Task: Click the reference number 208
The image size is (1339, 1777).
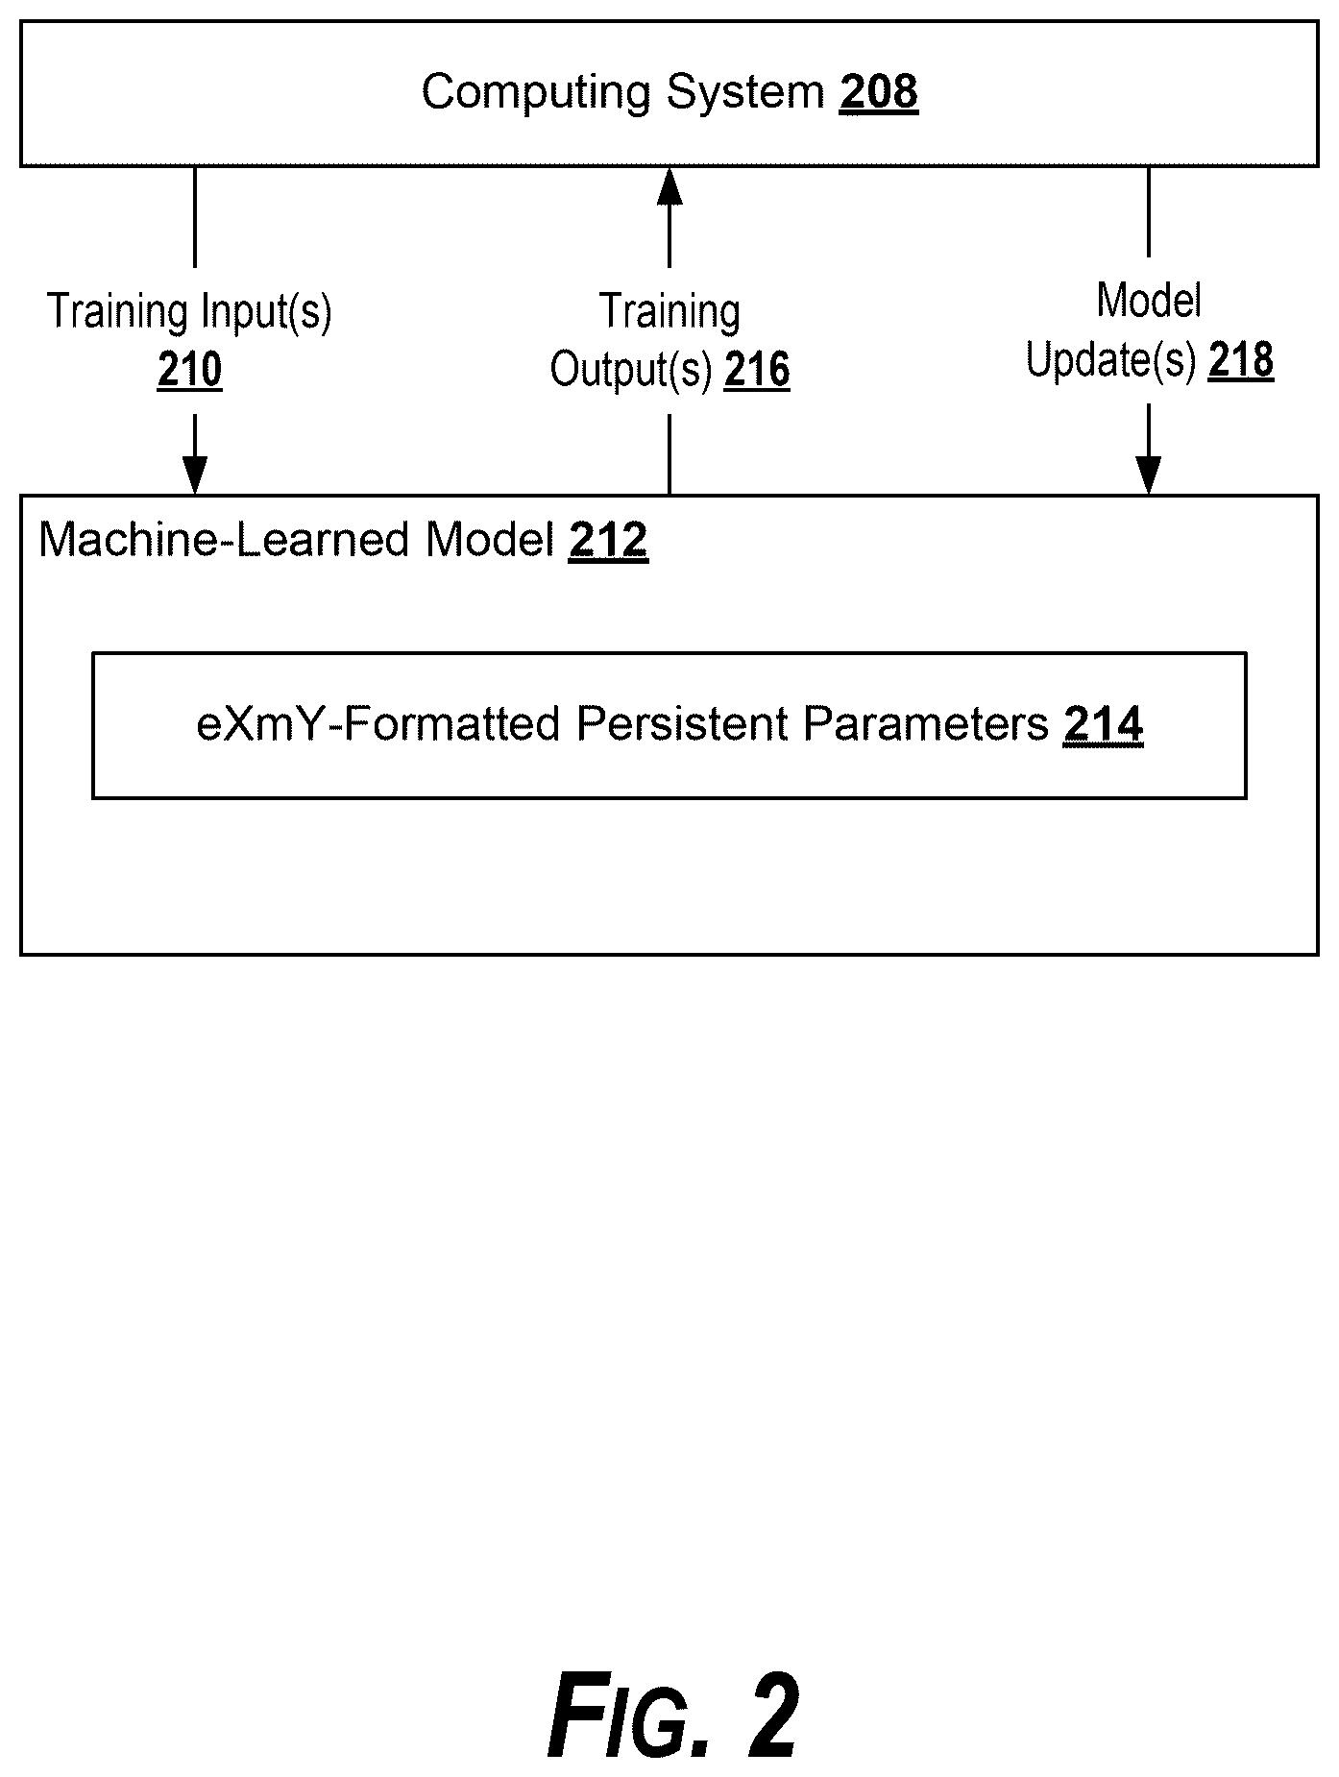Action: coord(878,92)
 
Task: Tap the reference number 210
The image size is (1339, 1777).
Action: coord(189,370)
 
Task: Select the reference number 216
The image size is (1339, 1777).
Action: coord(757,370)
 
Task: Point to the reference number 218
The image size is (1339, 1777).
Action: coord(1241,360)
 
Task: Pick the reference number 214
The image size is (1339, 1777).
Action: coord(1103,724)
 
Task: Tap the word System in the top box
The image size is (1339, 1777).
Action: coord(745,94)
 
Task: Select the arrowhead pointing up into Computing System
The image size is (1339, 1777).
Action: coord(669,186)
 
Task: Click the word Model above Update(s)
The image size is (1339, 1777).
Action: coord(1149,302)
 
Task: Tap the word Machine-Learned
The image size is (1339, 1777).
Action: coord(226,540)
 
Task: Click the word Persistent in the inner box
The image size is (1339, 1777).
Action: coord(684,724)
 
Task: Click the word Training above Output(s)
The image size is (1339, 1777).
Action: coord(669,312)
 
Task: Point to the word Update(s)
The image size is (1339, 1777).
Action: coord(1110,361)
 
